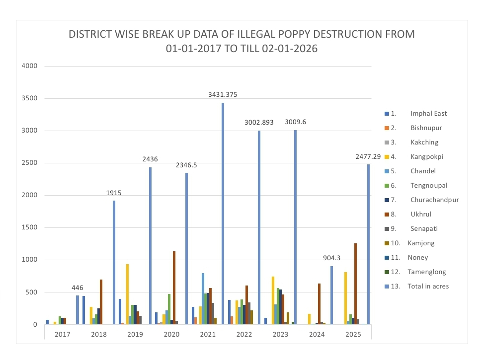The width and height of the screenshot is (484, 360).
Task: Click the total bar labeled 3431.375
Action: [x=223, y=214]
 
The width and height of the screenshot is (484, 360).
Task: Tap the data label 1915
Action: [x=114, y=193]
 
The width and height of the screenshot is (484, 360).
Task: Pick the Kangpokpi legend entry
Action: [x=426, y=157]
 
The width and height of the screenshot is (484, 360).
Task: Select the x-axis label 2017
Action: [x=62, y=334]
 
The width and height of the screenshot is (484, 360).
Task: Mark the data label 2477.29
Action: [x=368, y=157]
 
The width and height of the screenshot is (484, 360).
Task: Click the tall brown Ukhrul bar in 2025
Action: [x=356, y=284]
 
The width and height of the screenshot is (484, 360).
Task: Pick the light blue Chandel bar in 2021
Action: [x=203, y=298]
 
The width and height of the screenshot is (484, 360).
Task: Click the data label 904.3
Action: [x=331, y=258]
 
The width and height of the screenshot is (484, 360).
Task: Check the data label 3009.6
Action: [x=296, y=122]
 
